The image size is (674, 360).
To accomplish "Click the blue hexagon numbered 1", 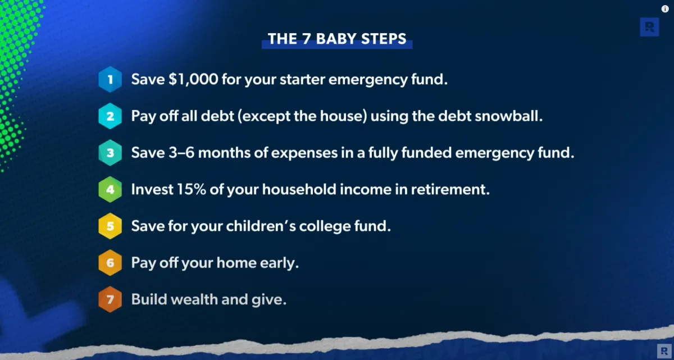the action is click(x=110, y=79).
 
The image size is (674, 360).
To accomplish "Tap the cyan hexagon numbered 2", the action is click(x=110, y=116).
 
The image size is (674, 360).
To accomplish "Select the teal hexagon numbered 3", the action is click(x=110, y=153).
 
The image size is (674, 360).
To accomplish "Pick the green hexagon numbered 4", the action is click(x=110, y=189).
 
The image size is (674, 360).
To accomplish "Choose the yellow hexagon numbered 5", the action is click(x=110, y=226).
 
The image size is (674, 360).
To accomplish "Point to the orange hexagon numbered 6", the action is click(x=110, y=263).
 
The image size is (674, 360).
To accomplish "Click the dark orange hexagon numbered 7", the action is click(x=110, y=299).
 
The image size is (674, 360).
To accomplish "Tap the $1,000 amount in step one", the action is click(x=193, y=79).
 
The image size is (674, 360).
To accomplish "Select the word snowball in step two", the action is click(x=509, y=116).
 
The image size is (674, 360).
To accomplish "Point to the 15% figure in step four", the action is click(x=192, y=189).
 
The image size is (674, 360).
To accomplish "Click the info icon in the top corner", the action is click(x=665, y=9).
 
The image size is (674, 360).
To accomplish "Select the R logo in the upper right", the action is click(x=650, y=27).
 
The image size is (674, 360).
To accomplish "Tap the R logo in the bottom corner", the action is click(x=664, y=351).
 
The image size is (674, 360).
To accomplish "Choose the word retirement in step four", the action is click(x=450, y=189).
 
